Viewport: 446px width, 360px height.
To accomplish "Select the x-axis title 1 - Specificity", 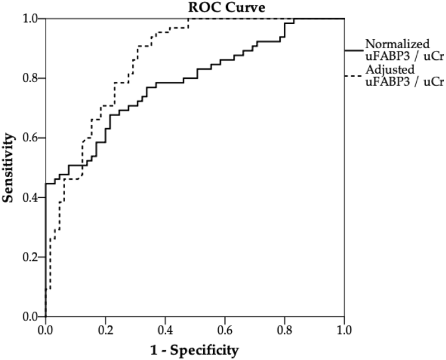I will point(195,350).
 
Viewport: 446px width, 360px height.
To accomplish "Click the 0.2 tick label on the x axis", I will point(105,331).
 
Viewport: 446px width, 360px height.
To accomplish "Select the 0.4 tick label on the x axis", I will point(165,331).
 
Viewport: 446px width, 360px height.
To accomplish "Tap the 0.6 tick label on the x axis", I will point(225,331).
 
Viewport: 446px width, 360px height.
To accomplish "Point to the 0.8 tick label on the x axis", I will point(285,331).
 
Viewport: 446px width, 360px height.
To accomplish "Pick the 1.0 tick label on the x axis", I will point(344,331).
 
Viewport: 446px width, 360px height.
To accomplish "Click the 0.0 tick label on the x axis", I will point(46,331).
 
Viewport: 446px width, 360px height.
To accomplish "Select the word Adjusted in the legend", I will point(390,70).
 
